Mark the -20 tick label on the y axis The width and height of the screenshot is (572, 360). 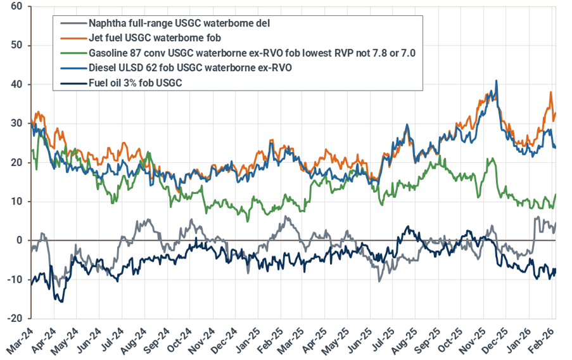coord(15,318)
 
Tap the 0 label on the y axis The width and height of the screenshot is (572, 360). coord(20,240)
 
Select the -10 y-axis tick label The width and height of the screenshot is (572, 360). coord(15,280)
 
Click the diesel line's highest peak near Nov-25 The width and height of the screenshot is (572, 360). coord(496,80)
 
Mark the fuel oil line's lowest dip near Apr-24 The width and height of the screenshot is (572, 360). coord(61,302)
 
